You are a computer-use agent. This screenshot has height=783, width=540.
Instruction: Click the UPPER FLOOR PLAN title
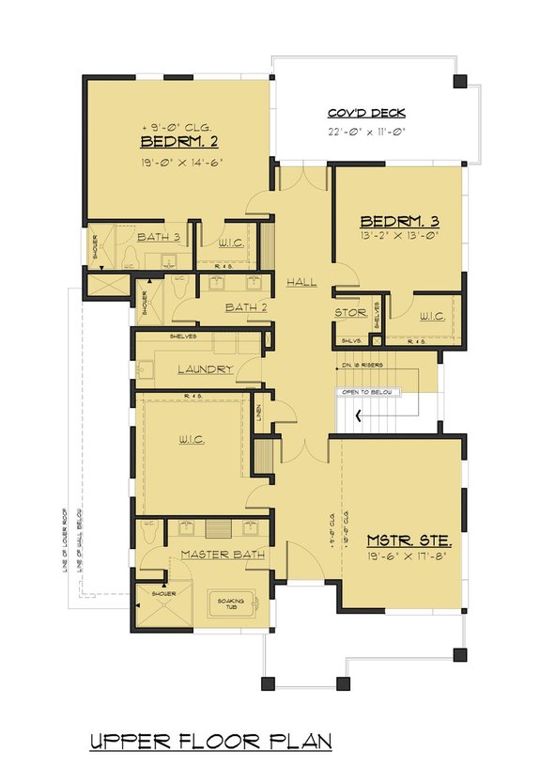[x=210, y=742]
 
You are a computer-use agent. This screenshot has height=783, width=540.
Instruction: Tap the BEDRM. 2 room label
[x=178, y=143]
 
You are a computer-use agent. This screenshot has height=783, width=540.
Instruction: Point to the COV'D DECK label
[x=366, y=113]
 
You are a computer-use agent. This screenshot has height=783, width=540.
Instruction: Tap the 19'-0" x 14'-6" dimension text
[x=178, y=161]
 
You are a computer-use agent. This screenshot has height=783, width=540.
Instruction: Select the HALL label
[x=302, y=282]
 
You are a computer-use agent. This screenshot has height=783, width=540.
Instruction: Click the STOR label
[x=350, y=313]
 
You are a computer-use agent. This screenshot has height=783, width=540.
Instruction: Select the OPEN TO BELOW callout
[x=367, y=392]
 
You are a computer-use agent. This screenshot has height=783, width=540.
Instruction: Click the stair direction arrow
[x=357, y=416]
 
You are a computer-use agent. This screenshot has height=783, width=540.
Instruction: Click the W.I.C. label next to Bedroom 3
[x=432, y=316]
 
